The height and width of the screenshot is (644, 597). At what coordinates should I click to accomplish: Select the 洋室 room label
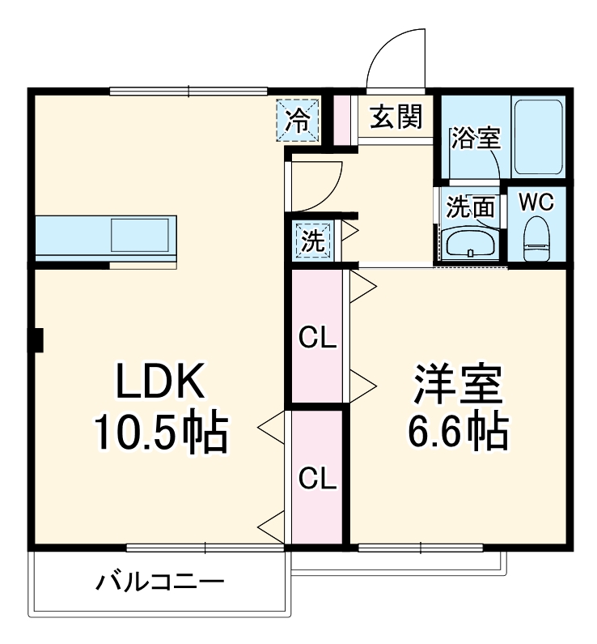(x=458, y=385)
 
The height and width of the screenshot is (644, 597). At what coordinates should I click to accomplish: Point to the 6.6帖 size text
(x=458, y=433)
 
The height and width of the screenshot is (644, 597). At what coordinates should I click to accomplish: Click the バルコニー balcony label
(x=160, y=582)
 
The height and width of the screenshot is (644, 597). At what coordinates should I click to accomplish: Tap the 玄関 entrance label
(x=396, y=118)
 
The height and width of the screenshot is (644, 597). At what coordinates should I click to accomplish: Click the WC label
(x=535, y=203)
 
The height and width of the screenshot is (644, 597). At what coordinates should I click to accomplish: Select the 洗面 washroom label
(x=471, y=208)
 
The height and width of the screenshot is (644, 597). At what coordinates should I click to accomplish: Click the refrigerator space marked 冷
(x=299, y=121)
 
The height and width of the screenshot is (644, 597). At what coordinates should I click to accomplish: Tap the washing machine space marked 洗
(x=312, y=240)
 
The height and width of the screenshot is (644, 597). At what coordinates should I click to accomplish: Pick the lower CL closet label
(x=318, y=479)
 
